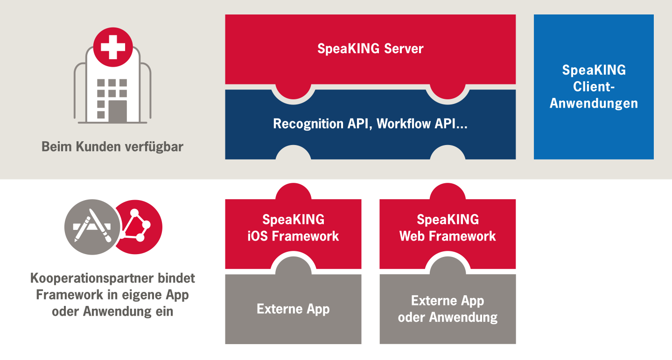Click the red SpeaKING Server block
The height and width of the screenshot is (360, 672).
coord(370,49)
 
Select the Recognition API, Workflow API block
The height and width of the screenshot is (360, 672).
coord(370,124)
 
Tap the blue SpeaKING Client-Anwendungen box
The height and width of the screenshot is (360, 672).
coord(594,87)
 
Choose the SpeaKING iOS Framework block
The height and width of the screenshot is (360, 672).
coord(293,228)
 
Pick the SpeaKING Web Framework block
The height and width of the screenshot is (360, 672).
coord(448,228)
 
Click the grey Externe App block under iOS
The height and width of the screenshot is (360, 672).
coord(293,309)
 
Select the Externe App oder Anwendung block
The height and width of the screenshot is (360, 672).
coord(448,309)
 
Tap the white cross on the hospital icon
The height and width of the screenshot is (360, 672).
coord(112,46)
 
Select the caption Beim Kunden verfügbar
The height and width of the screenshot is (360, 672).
coord(112,147)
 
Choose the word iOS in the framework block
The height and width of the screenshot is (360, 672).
coord(258,236)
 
